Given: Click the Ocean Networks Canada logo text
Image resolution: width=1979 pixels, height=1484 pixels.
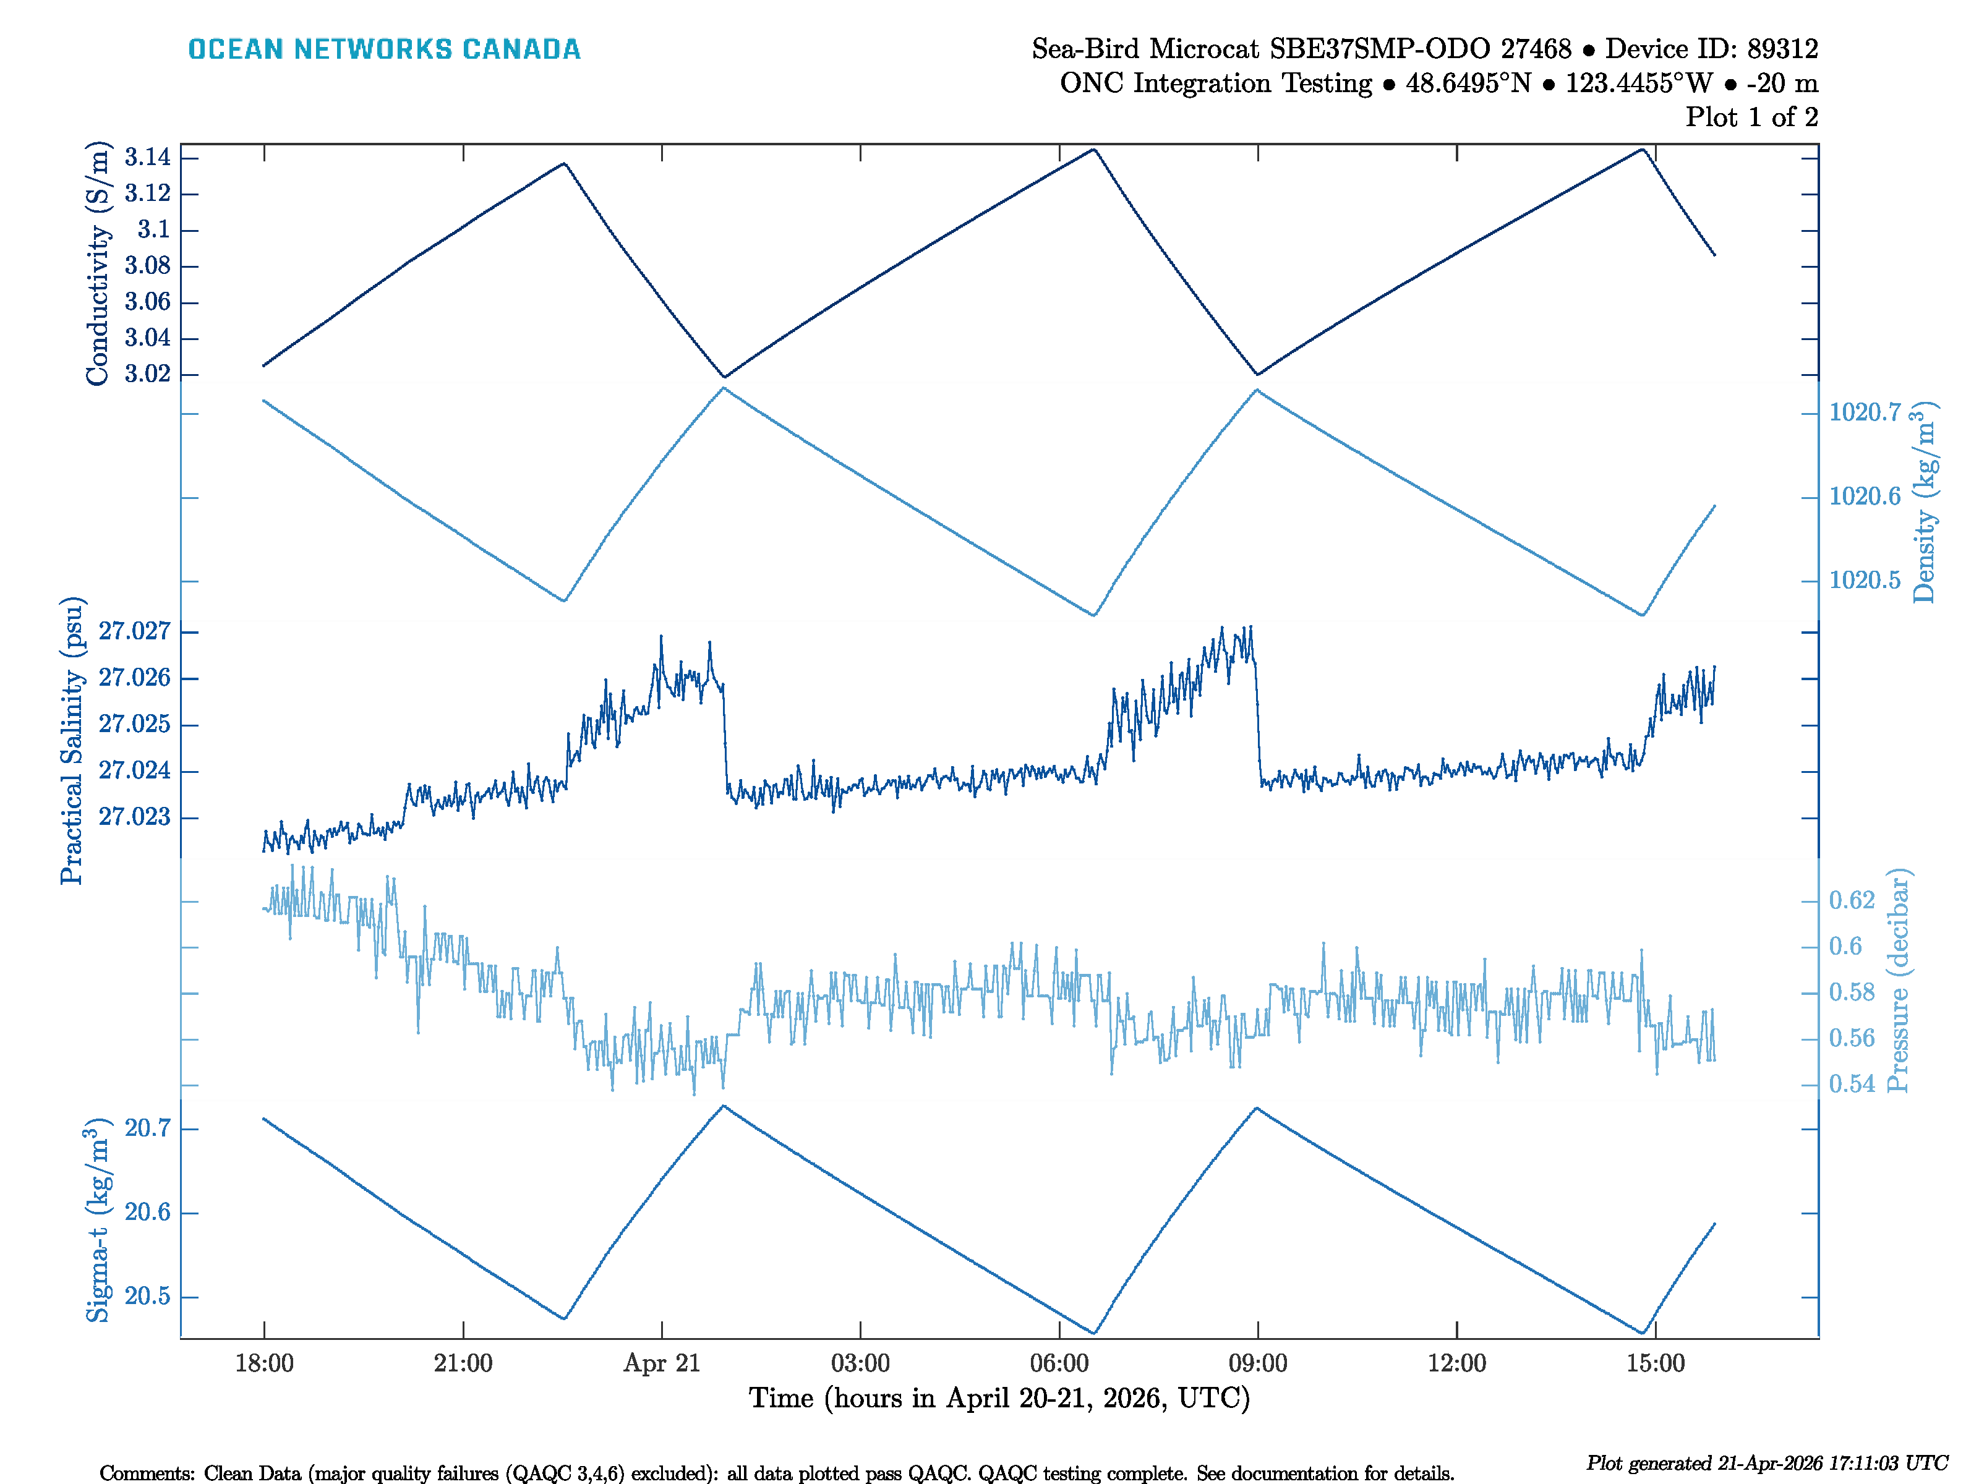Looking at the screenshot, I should coord(384,49).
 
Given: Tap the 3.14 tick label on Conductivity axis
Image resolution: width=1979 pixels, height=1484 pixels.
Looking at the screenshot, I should coord(148,158).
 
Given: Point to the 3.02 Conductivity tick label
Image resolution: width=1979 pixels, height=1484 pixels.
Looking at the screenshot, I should coord(148,374).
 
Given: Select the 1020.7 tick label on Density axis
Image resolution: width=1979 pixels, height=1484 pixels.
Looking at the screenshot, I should coord(1865,412).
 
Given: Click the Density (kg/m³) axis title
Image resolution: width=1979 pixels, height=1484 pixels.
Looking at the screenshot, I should coord(1923,503).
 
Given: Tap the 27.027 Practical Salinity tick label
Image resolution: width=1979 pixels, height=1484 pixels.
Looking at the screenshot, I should coord(134,631).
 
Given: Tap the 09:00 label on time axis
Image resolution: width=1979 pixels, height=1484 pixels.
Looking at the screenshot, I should coord(1257,1363).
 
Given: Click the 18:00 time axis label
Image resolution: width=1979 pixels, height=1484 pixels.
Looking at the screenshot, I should coord(264,1363).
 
